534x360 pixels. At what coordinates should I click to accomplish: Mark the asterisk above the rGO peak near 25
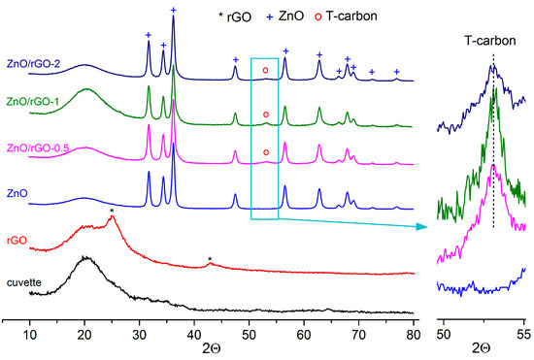(113, 210)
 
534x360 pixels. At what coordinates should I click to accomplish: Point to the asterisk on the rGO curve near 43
(210, 259)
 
